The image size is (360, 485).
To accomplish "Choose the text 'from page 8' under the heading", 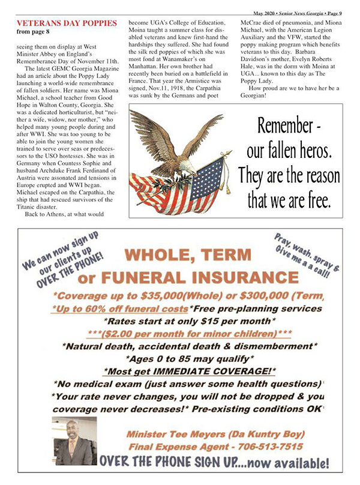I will point(29,32).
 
